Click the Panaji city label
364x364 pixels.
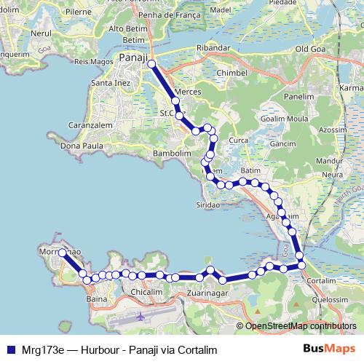pos(133,58)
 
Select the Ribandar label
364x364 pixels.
pos(213,48)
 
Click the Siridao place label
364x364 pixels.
pos(207,205)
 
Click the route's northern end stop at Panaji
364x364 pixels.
pos(152,64)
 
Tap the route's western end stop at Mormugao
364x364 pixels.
pos(62,253)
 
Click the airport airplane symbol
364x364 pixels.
pos(141,317)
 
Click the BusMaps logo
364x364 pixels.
pos(329,349)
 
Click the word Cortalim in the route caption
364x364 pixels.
pos(197,350)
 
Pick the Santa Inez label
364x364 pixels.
pos(108,84)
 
